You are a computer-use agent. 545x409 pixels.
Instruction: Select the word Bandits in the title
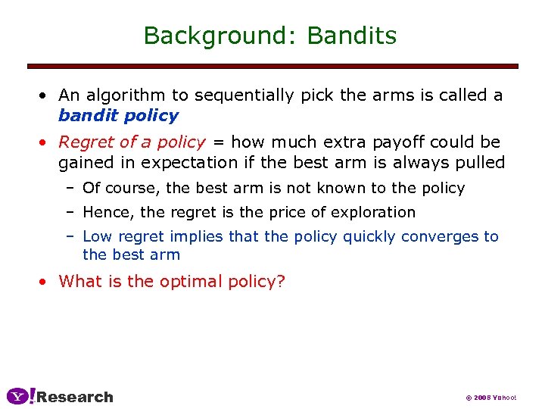point(352,36)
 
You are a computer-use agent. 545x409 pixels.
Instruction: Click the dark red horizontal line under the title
point(272,67)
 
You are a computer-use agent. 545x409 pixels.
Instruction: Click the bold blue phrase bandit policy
point(118,116)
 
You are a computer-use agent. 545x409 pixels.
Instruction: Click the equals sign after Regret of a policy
point(217,142)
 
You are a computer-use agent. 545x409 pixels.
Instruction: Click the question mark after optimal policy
point(281,282)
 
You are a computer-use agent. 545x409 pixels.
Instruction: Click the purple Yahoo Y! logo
point(20,396)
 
